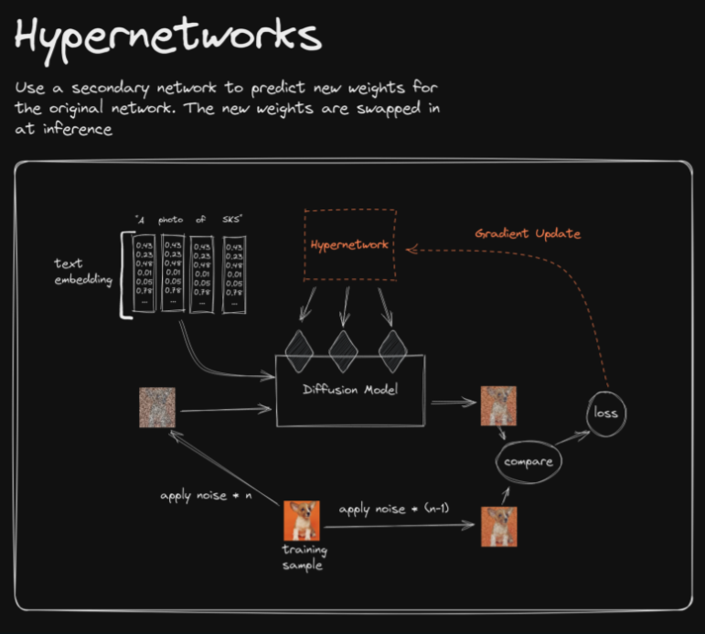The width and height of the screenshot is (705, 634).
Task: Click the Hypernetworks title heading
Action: pyautogui.click(x=168, y=38)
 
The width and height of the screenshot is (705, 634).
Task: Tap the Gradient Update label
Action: pyautogui.click(x=528, y=234)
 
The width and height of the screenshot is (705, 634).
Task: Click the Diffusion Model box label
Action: pyautogui.click(x=351, y=390)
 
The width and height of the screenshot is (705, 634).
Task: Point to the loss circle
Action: pyautogui.click(x=605, y=412)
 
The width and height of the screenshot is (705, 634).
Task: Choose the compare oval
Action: pyautogui.click(x=528, y=462)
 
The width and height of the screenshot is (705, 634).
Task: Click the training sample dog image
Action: pyautogui.click(x=303, y=521)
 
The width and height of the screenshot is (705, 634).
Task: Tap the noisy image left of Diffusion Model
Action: pyautogui.click(x=157, y=408)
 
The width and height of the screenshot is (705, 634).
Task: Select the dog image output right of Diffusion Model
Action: pyautogui.click(x=499, y=408)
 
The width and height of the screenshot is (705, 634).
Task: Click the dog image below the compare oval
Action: pyautogui.click(x=499, y=526)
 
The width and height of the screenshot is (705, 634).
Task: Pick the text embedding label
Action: pyautogui.click(x=83, y=272)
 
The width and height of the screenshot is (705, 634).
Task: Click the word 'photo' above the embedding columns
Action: pyautogui.click(x=171, y=220)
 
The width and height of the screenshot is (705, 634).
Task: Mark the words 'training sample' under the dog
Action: pyautogui.click(x=304, y=558)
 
